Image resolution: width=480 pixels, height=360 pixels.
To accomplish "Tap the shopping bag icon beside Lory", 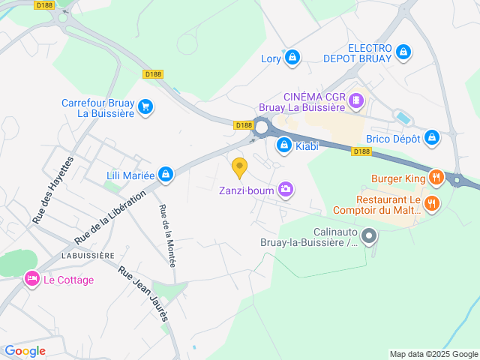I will pyautogui.click(x=292, y=57).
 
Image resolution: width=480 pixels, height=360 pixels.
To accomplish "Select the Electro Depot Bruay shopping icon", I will pyautogui.click(x=404, y=51).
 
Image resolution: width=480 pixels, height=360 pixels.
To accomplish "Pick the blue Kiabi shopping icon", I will pyautogui.click(x=283, y=145).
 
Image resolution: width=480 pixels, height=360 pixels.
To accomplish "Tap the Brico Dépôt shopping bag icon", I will pyautogui.click(x=432, y=138).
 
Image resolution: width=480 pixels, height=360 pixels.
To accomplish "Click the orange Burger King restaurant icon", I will pyautogui.click(x=436, y=178).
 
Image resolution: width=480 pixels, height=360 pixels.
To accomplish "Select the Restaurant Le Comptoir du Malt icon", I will pyautogui.click(x=432, y=202).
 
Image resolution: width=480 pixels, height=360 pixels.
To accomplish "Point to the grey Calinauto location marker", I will pyautogui.click(x=368, y=237).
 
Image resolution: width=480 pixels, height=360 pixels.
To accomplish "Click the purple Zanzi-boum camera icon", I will pyautogui.click(x=285, y=190).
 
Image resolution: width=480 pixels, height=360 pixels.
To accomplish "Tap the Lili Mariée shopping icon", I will pyautogui.click(x=166, y=175).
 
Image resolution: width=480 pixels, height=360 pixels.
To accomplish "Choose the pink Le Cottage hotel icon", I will pyautogui.click(x=31, y=279).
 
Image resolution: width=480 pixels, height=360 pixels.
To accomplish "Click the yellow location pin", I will pyautogui.click(x=240, y=167).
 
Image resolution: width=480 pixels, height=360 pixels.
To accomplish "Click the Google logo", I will pyautogui.click(x=25, y=350).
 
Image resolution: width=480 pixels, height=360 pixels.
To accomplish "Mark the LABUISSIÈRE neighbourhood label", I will pyautogui.click(x=88, y=255).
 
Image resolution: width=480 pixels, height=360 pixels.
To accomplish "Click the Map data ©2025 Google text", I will pyautogui.click(x=433, y=354).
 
